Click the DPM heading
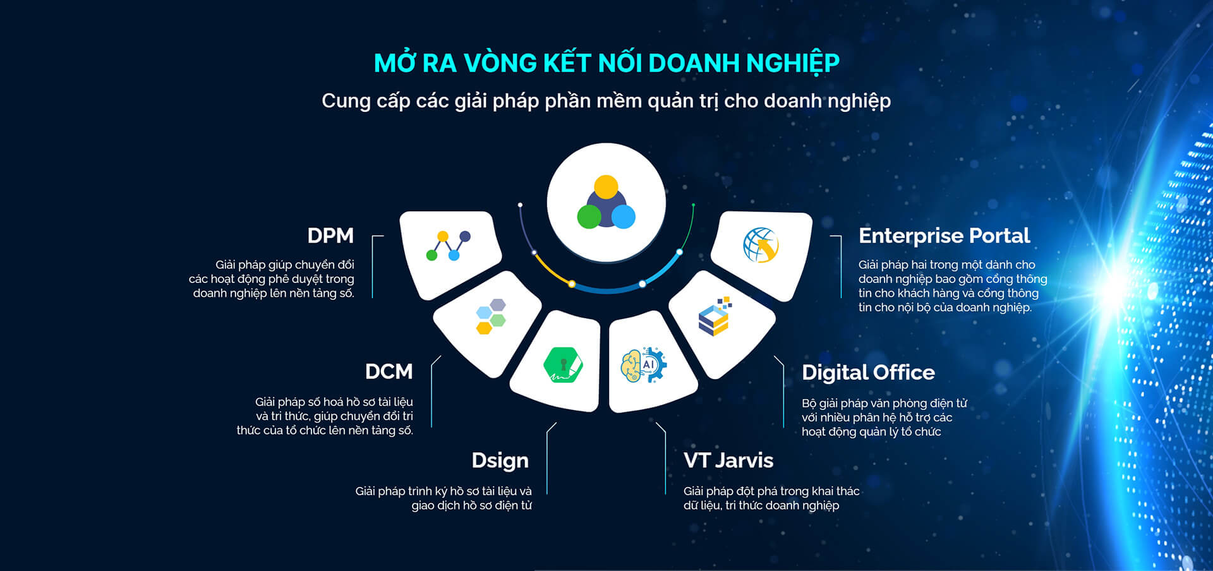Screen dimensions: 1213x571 (330, 236)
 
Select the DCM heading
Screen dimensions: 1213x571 (389, 371)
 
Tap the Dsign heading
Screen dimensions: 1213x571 (500, 461)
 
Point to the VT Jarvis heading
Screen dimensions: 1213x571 (728, 460)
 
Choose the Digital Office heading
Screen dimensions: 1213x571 (868, 373)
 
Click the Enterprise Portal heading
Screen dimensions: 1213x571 (944, 236)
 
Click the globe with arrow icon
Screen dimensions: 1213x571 (761, 245)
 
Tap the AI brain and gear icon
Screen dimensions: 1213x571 (643, 365)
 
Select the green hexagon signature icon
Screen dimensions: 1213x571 (563, 365)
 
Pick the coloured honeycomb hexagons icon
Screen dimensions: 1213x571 (491, 316)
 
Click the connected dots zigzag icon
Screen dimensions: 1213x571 (449, 246)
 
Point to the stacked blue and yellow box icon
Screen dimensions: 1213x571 (715, 316)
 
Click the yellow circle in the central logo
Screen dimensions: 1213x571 (606, 187)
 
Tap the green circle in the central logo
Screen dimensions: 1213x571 (589, 217)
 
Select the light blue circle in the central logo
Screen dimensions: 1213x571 (623, 217)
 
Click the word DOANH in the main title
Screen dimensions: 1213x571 (693, 63)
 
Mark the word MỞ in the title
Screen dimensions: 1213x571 (395, 62)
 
